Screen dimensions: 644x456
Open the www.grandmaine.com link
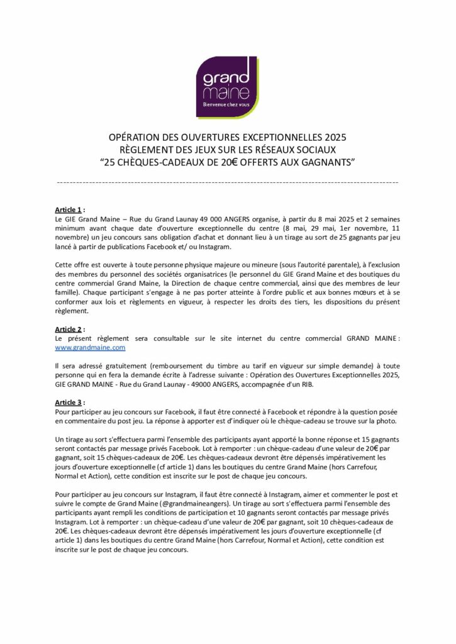pyautogui.click(x=91, y=347)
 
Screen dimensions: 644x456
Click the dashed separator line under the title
pyautogui.click(x=228, y=182)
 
